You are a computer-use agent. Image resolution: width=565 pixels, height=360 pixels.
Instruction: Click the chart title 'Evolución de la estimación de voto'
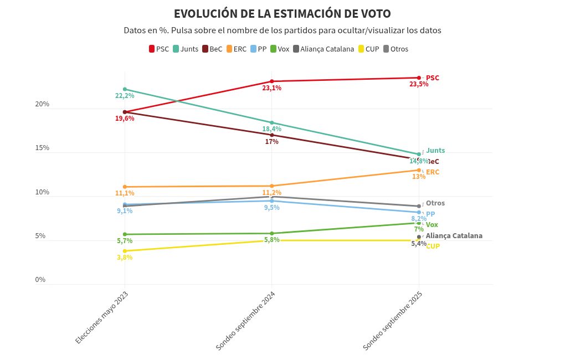pos(282,14)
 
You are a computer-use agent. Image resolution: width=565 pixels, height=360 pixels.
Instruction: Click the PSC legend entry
pos(159,49)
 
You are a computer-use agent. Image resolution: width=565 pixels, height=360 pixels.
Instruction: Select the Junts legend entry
pos(186,49)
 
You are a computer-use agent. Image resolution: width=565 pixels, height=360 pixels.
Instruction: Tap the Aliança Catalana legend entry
pos(323,49)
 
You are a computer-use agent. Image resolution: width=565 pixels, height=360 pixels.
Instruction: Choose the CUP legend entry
pos(369,49)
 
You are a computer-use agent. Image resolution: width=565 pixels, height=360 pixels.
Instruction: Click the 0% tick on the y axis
pos(40,280)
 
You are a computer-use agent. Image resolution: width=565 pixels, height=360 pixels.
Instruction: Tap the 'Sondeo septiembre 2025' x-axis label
pos(393,321)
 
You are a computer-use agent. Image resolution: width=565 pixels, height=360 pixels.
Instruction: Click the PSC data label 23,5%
pos(419,84)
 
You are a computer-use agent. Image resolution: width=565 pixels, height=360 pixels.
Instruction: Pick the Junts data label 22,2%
pos(125,96)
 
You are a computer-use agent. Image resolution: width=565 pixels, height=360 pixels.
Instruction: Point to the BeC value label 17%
pos(271,142)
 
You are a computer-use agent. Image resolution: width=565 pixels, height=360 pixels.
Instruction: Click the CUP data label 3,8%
pos(125,258)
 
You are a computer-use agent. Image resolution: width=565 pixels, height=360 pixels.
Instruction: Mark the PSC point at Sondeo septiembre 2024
pos(271,81)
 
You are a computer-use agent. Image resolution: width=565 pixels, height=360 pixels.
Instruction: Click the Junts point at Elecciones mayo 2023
pos(125,89)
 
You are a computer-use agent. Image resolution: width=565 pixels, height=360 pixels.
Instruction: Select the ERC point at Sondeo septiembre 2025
pos(419,170)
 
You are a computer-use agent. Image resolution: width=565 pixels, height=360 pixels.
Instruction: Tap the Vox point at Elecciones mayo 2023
pos(125,234)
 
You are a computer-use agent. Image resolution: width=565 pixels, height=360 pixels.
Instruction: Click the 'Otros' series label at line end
pos(435,203)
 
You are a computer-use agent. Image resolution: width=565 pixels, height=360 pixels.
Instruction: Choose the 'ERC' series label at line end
pos(433,172)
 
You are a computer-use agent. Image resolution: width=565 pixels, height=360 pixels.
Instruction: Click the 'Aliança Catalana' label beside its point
pos(454,236)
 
